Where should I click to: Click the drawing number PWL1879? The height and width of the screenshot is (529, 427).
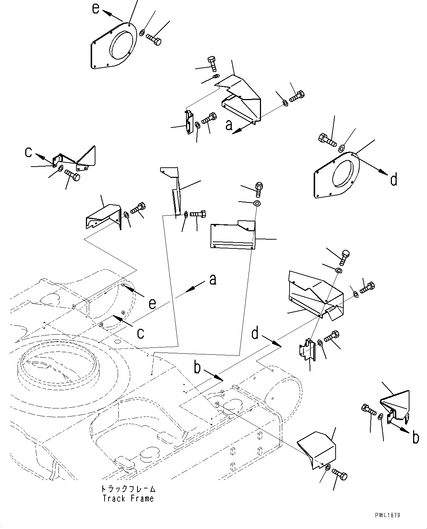tap(387, 515)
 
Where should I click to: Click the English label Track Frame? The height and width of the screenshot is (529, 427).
tap(128, 498)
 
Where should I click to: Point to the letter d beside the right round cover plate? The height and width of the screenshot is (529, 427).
tap(393, 180)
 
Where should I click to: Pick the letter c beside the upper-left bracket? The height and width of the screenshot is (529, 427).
tap(28, 152)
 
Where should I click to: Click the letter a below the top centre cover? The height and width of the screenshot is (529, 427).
tap(229, 125)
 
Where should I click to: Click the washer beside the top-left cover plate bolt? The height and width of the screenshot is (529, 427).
tap(141, 33)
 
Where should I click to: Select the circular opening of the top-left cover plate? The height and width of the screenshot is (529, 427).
tap(121, 45)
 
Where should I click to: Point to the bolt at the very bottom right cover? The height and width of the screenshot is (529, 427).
tap(340, 475)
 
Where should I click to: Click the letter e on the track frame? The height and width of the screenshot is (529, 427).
tap(152, 304)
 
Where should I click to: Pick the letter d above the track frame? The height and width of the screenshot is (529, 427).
tap(255, 334)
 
